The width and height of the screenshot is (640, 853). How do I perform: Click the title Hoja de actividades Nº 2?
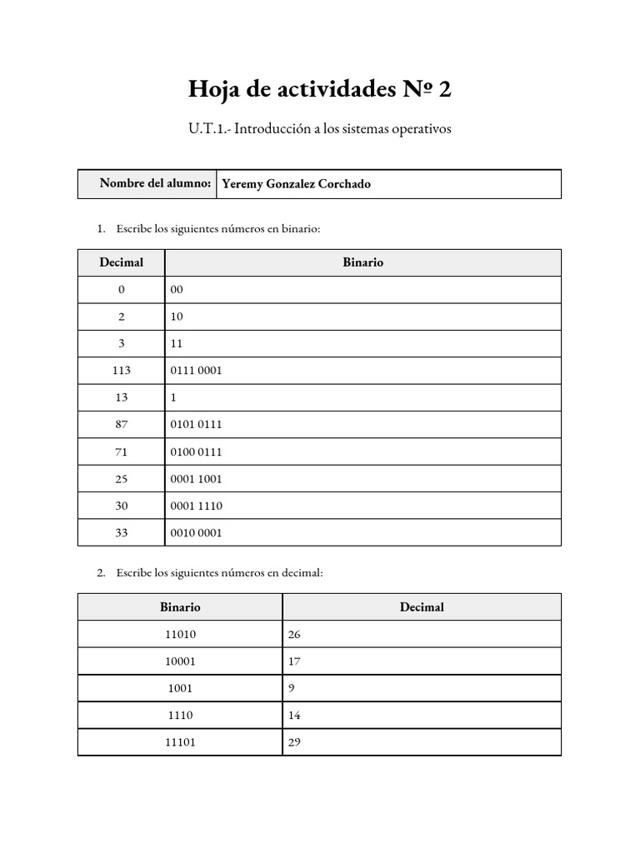coord(319,89)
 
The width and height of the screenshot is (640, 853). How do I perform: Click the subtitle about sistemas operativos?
coord(319,130)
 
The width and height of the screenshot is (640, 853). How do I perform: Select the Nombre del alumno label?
coord(154,183)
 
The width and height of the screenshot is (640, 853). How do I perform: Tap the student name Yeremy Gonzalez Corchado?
coord(296,184)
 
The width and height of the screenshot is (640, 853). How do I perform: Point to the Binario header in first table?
coord(362,262)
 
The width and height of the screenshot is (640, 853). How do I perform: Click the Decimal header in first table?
coord(121,262)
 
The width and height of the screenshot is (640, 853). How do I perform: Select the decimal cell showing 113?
coord(121,371)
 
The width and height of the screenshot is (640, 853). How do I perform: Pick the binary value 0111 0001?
coord(196,371)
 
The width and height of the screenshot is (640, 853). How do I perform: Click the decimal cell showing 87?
coord(121,425)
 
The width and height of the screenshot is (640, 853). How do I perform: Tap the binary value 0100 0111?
coord(196,451)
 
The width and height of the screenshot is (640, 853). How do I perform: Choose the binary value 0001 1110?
coord(196,506)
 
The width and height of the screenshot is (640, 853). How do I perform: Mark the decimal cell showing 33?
coord(121,533)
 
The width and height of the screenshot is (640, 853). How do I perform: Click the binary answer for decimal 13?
coord(173,397)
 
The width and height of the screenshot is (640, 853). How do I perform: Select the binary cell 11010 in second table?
coord(180,635)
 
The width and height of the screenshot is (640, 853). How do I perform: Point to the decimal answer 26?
coord(293,635)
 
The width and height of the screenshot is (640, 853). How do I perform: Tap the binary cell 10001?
coord(180,661)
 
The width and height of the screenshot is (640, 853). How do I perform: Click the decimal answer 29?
coord(293,742)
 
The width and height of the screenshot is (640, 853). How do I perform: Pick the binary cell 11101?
coord(180,742)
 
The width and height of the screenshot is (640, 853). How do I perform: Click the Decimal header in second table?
coord(422,607)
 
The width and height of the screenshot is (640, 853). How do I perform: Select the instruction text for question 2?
coord(219,573)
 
